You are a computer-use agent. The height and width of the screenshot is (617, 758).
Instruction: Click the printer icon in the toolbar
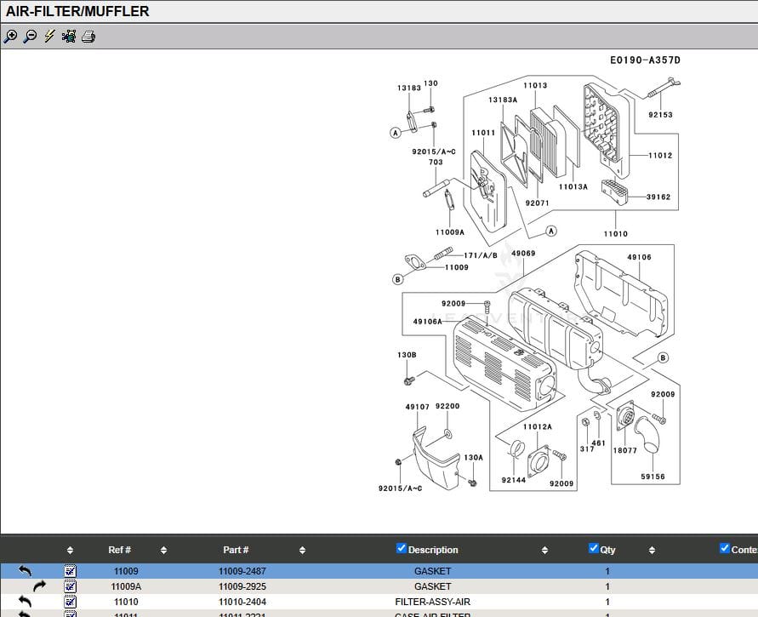coord(88,37)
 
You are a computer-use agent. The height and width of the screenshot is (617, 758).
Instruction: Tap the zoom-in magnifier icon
coord(10,37)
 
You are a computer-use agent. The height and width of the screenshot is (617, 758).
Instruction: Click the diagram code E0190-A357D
coord(645,60)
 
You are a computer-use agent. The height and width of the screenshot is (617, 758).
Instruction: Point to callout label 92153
coord(660,115)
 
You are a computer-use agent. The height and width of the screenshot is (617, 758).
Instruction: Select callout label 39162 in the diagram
coord(658,197)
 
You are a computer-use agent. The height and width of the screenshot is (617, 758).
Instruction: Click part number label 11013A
coord(573,186)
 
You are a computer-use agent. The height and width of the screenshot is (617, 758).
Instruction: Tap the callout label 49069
coord(523,254)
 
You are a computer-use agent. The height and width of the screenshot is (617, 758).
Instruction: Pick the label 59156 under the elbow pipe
coord(653,477)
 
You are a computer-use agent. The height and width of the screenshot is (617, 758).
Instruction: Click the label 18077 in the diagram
coord(624,451)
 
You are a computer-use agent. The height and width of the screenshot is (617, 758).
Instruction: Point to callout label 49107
coord(417,407)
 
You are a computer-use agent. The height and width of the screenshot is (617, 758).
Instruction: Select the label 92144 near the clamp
coord(513,481)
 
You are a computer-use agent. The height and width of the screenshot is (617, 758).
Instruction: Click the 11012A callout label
coord(537,426)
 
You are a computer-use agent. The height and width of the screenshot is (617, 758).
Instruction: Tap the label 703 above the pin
coord(435,163)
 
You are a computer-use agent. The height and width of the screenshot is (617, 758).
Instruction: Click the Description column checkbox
coord(402,548)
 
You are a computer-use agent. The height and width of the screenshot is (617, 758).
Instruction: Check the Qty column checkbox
coord(594,548)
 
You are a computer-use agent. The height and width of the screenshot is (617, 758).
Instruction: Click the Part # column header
coord(236,550)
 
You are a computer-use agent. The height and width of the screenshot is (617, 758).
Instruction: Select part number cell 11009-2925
coord(242,586)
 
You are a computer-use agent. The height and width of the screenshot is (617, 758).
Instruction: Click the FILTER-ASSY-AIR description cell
coord(432,602)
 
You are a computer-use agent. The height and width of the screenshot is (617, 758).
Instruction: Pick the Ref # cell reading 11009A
coord(126,586)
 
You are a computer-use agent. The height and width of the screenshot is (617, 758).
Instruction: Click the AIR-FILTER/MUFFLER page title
coord(77,11)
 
